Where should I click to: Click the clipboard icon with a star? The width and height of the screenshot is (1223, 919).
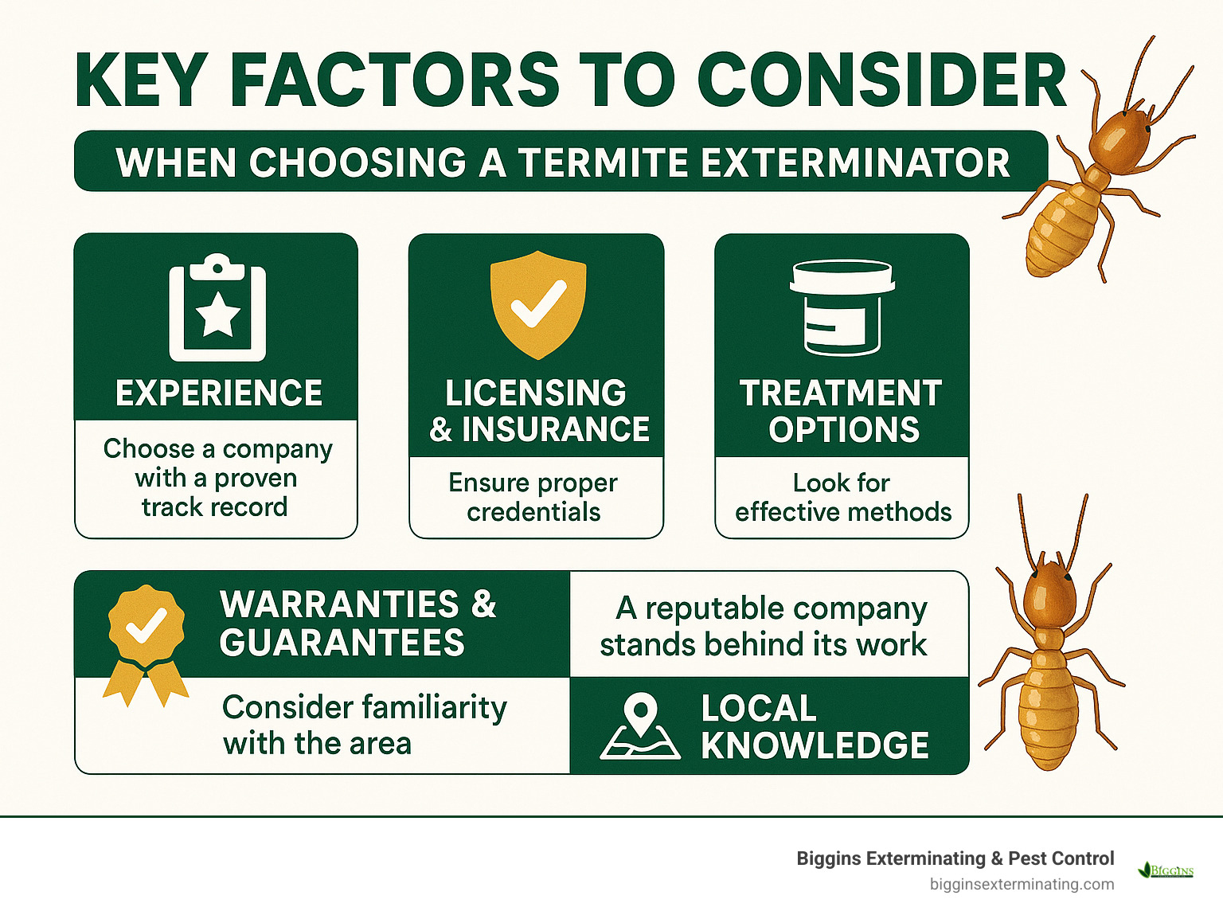coord(217,308)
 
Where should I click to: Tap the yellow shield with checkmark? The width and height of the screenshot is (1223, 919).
coord(538,305)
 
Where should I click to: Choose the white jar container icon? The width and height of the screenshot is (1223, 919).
coord(842,308)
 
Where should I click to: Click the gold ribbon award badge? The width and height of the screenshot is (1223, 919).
coord(147,642)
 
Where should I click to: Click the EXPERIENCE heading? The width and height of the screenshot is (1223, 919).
coord(218,393)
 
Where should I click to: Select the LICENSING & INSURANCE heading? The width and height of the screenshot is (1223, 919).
coord(538,411)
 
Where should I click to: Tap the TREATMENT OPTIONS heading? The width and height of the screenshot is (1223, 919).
coord(842,411)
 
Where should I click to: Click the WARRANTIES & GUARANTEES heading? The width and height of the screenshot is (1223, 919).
coord(358,624)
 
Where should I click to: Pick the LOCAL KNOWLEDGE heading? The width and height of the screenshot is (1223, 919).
coord(814,726)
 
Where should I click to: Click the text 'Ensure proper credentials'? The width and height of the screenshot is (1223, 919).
coord(533,497)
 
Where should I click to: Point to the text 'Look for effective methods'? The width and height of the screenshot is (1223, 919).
coord(842,497)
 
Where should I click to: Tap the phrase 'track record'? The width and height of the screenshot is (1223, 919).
coord(214,507)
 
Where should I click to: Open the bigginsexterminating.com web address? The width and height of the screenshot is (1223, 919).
coord(1022,884)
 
